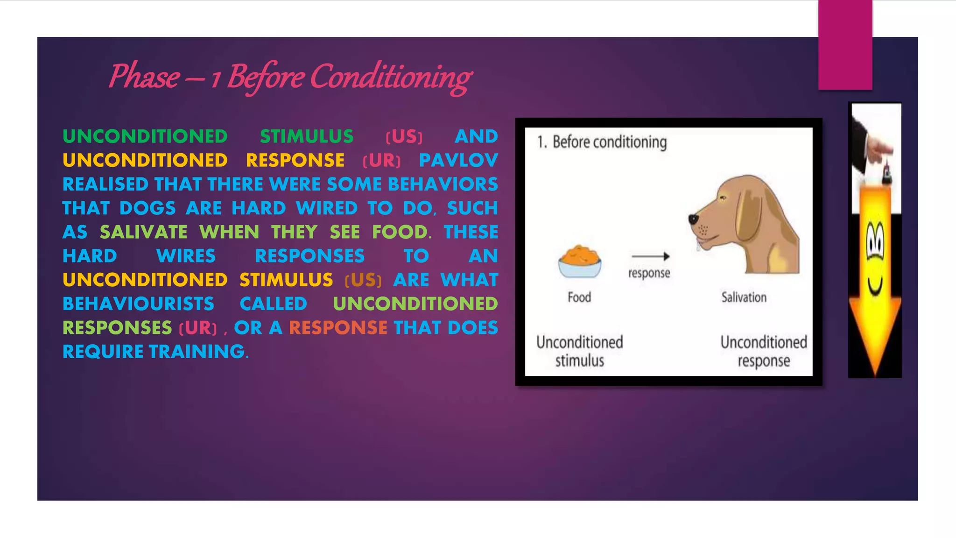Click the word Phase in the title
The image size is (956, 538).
click(144, 77)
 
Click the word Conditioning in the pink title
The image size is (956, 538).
click(391, 78)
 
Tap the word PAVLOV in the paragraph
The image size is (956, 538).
click(458, 160)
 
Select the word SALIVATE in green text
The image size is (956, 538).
click(143, 232)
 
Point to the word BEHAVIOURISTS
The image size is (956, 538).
click(138, 304)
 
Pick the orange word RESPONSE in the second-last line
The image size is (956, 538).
click(338, 328)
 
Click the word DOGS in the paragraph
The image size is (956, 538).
click(148, 208)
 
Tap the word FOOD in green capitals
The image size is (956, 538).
click(400, 232)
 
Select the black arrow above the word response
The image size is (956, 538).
click(651, 256)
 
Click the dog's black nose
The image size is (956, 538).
click(694, 219)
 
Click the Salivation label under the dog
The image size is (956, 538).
click(744, 297)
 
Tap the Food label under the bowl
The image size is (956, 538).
click(579, 297)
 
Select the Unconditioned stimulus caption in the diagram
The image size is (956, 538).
click(580, 351)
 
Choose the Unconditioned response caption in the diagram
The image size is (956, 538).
click(763, 351)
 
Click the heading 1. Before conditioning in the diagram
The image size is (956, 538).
click(602, 142)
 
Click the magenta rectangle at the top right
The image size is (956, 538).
click(845, 45)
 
